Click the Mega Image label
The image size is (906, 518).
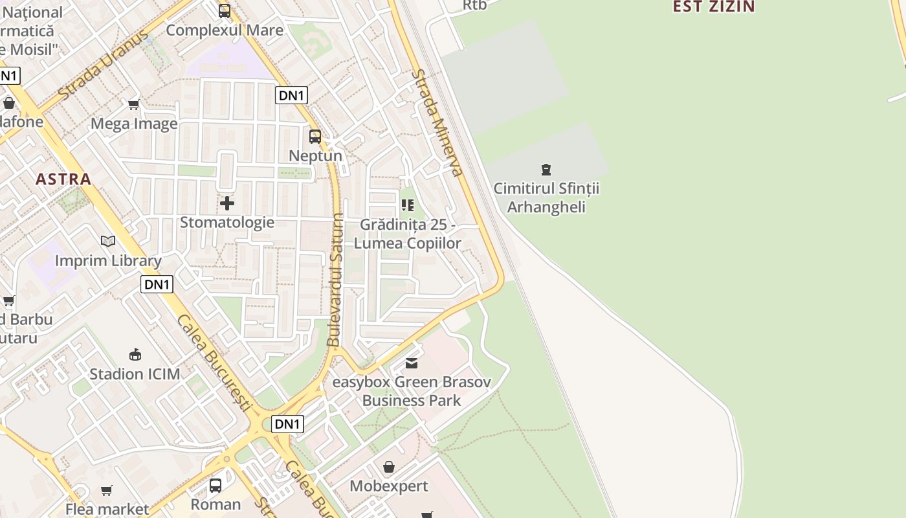[134, 124]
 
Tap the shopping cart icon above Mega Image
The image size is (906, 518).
[134, 104]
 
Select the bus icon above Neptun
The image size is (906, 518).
[315, 137]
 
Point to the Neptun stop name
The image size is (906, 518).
[315, 156]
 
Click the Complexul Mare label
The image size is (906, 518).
[225, 30]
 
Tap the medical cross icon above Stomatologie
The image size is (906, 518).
[227, 203]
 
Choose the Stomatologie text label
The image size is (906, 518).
[227, 223]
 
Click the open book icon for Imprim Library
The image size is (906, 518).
[108, 242]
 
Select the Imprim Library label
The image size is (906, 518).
[108, 261]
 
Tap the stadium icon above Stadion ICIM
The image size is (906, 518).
[135, 355]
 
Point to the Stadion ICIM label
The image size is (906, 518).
[135, 374]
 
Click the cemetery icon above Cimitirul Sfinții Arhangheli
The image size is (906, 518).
[546, 170]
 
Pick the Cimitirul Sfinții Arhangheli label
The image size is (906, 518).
[546, 197]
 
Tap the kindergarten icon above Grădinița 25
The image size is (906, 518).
[408, 205]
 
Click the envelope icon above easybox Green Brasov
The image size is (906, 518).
[412, 363]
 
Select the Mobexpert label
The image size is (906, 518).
[388, 486]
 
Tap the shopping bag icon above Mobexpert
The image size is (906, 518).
[388, 467]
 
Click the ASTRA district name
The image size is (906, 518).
[63, 179]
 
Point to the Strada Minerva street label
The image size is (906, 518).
[437, 123]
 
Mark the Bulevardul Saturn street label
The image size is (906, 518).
[335, 280]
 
